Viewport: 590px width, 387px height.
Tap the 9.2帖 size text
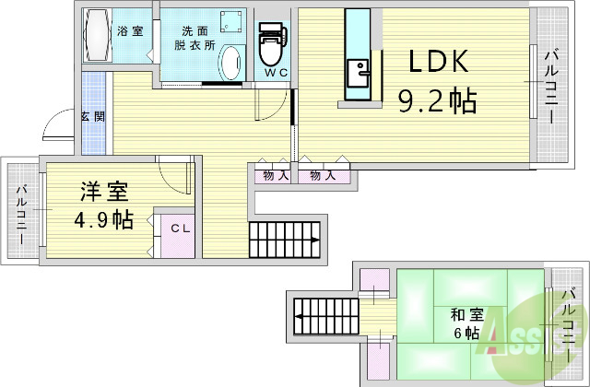(437, 100)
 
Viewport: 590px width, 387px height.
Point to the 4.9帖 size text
(103, 220)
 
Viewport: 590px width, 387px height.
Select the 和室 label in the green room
(465, 313)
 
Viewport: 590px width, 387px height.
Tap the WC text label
(276, 71)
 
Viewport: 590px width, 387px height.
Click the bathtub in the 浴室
(97, 36)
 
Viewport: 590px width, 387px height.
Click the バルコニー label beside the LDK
(550, 82)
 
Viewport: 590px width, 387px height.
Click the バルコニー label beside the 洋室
(21, 211)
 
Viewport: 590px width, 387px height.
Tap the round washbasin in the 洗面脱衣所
(230, 64)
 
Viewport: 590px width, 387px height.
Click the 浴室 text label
(129, 30)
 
